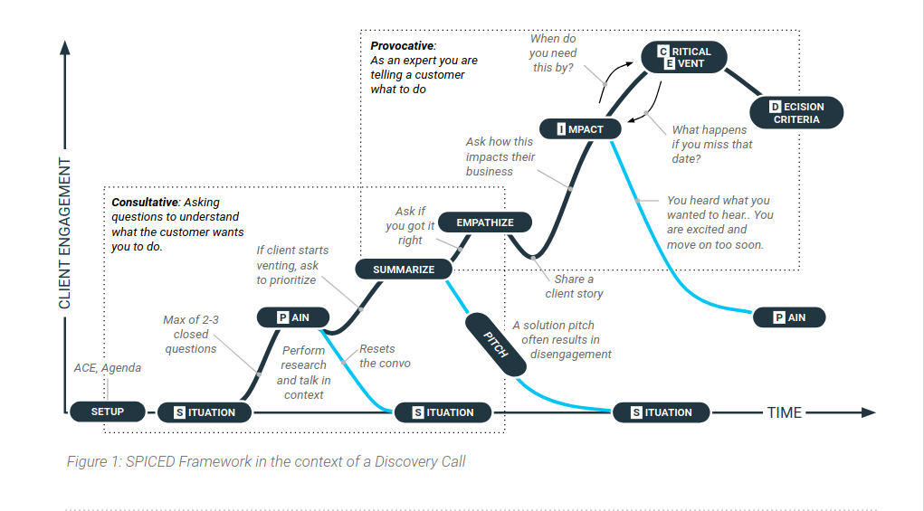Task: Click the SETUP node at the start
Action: [108, 412]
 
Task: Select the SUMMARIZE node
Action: [404, 269]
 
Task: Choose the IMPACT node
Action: [580, 128]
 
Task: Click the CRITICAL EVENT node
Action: [684, 58]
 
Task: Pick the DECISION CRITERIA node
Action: [796, 113]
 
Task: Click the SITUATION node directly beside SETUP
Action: [205, 412]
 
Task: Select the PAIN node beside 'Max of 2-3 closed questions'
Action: [292, 317]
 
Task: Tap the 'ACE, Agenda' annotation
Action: [108, 368]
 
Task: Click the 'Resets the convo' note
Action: [385, 355]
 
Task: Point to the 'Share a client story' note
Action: [574, 286]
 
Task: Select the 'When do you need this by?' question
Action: [553, 53]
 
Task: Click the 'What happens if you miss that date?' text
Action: [711, 144]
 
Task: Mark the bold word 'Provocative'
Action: [403, 45]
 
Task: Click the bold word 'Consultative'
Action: [144, 203]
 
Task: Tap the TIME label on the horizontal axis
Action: [784, 412]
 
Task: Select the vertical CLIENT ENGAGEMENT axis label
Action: [64, 233]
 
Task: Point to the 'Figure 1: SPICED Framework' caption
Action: [266, 461]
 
